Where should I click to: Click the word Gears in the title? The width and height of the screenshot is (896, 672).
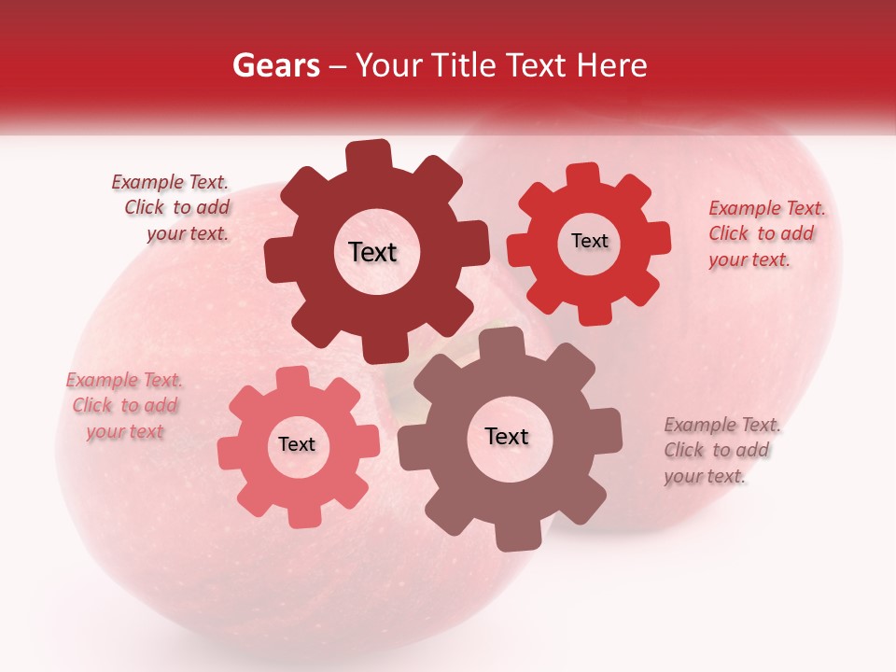[275, 65]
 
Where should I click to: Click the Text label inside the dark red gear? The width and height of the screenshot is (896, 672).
[372, 252]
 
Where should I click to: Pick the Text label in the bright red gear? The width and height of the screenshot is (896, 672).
[589, 241]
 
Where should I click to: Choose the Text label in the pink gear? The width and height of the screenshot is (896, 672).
[297, 444]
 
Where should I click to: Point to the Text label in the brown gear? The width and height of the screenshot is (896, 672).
[507, 437]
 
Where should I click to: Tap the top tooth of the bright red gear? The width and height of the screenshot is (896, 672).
[582, 175]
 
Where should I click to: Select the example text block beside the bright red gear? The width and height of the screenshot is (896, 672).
[765, 233]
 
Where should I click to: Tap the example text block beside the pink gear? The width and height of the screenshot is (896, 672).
[124, 406]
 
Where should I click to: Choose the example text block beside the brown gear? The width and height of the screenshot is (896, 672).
[721, 451]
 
